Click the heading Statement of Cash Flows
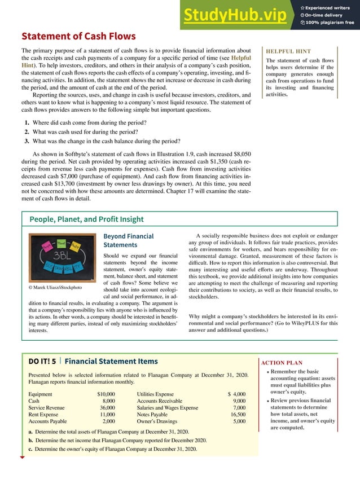[78, 37]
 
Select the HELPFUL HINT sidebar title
[288, 51]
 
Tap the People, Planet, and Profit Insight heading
[86, 219]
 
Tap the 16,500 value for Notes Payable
[235, 414]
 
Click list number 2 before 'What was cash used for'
[27, 131]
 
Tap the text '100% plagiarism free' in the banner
[331, 23]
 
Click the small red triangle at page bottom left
[22, 458]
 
